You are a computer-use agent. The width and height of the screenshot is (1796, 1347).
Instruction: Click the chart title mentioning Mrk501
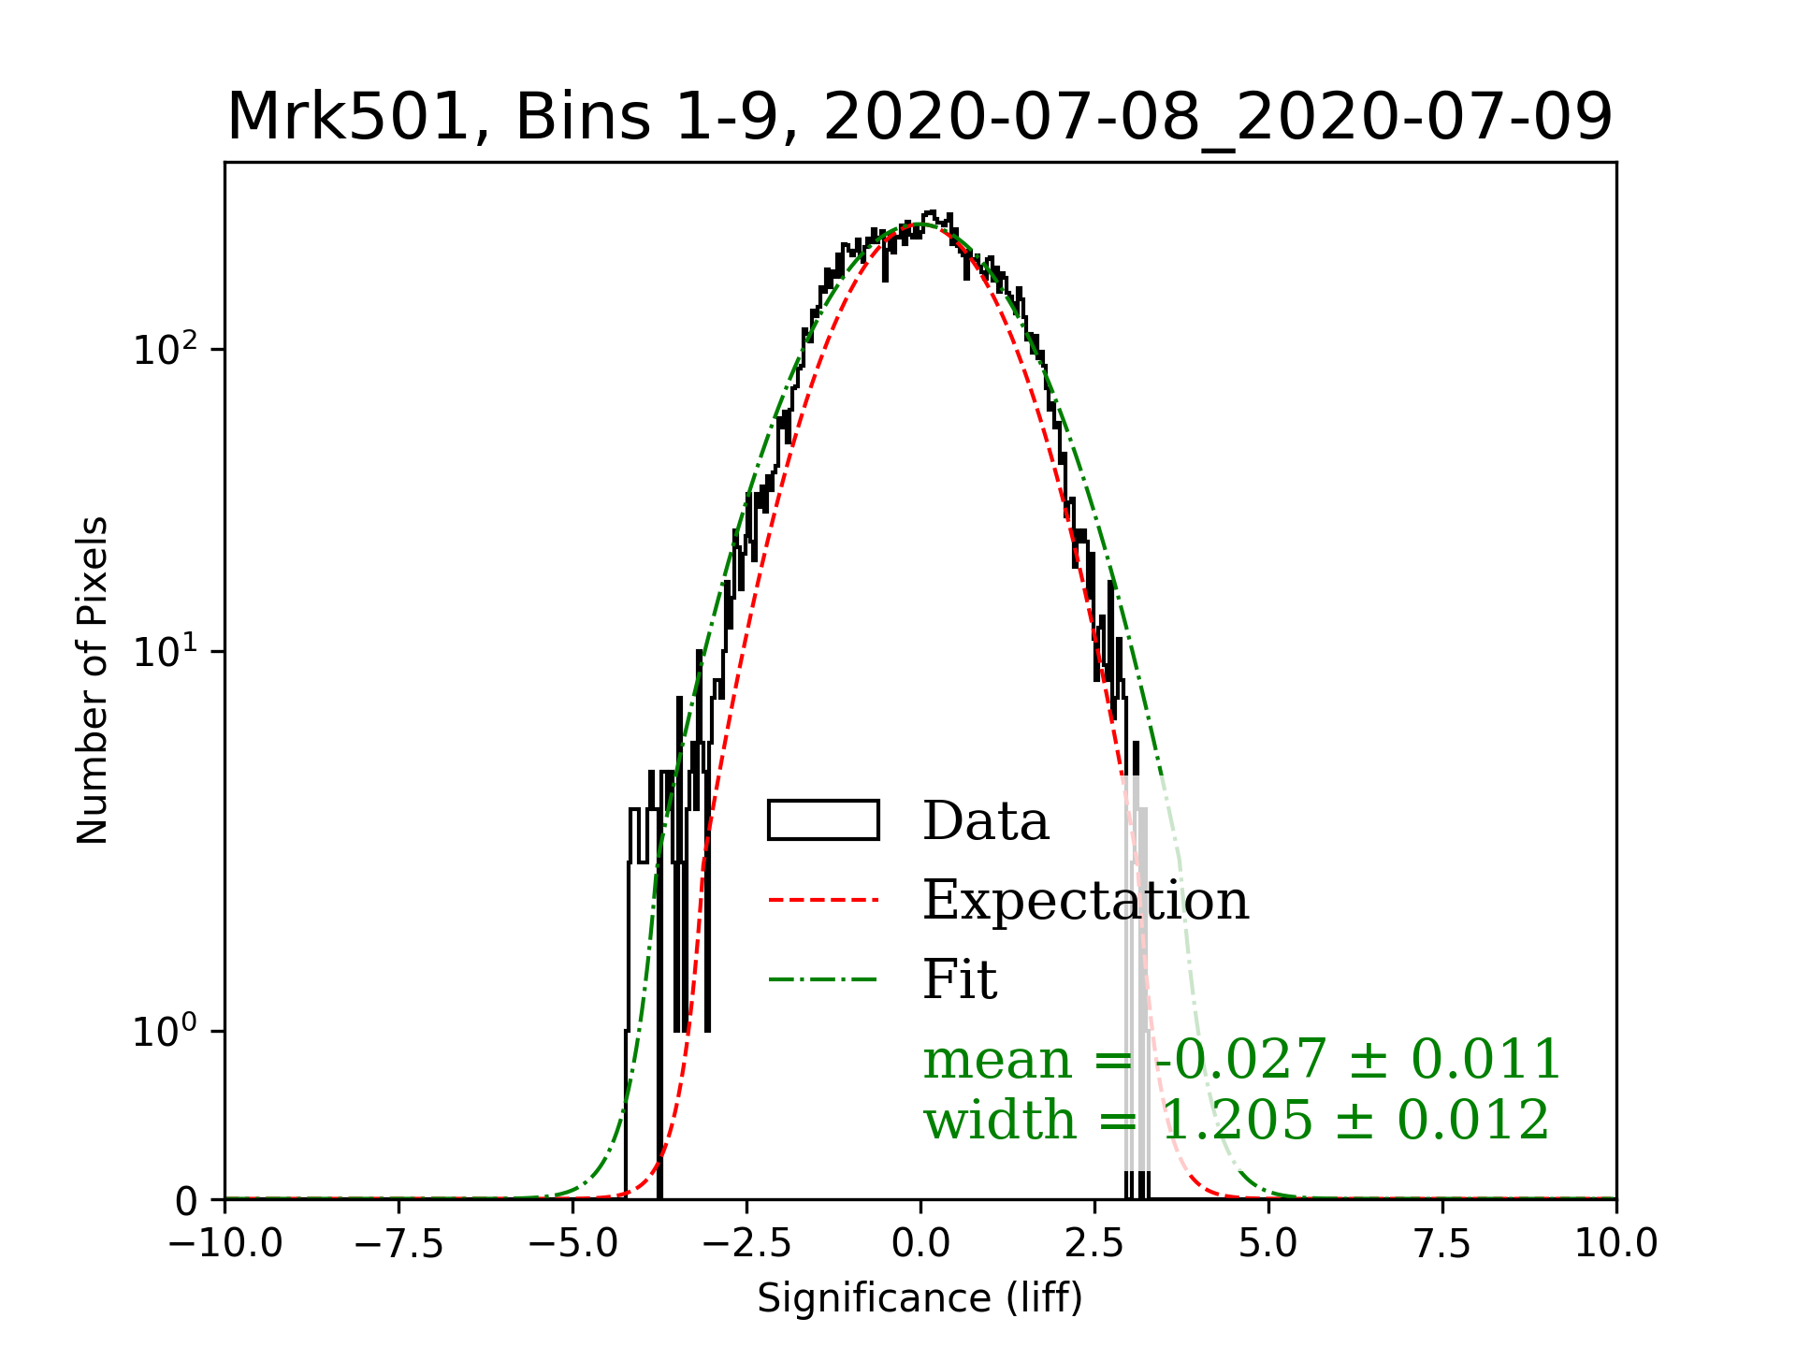pos(920,118)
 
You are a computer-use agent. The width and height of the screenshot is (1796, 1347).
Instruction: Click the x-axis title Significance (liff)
pos(920,1298)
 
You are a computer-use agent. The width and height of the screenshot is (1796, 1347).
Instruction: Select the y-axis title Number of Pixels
pos(93,680)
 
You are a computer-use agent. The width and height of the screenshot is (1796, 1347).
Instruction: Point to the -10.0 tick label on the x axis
pos(225,1244)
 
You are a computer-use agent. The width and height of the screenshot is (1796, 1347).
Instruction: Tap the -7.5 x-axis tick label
pos(399,1244)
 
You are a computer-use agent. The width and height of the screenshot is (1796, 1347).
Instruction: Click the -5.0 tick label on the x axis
pos(572,1244)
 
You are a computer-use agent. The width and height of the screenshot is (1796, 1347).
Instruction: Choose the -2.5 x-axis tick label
pos(746,1244)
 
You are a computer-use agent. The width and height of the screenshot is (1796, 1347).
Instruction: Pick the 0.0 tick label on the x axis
pos(920,1244)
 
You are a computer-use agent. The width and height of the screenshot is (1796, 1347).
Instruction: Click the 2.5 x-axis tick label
pos(1094,1244)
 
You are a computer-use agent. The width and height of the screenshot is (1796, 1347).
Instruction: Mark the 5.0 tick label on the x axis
pos(1268,1244)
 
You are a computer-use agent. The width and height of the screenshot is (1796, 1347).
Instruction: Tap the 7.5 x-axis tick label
pos(1442,1244)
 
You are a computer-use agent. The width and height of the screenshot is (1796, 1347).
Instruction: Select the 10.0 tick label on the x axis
pos(1615,1244)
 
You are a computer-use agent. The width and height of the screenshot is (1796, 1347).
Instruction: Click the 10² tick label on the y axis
pos(166,350)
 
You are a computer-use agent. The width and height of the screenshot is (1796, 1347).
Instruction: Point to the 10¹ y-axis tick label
pos(166,651)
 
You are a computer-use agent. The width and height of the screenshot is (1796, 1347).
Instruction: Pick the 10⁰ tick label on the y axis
pos(166,1032)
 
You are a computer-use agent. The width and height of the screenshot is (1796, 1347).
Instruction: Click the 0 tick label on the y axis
pos(187,1201)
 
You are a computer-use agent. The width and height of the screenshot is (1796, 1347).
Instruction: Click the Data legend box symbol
pos(823,820)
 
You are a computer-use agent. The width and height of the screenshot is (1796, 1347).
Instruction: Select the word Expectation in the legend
pos(1085,900)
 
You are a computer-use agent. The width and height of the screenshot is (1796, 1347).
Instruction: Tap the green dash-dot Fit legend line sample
pos(823,980)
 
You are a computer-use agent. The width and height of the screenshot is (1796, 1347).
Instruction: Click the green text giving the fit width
pos(1237,1120)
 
